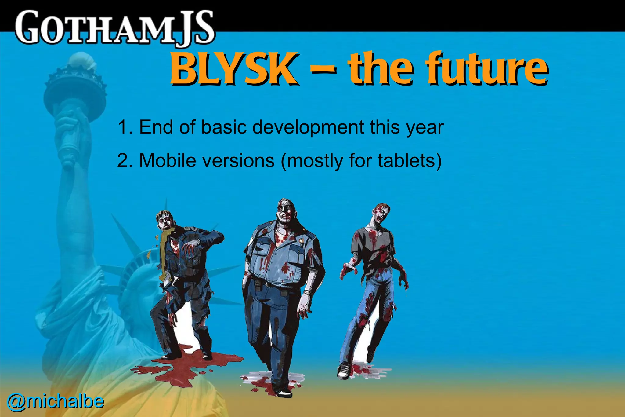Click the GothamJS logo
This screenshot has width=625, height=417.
click(x=114, y=28)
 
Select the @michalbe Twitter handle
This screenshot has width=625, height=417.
click(x=55, y=401)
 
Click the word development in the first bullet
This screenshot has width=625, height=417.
click(x=308, y=127)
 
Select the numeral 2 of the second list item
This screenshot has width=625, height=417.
click(x=123, y=160)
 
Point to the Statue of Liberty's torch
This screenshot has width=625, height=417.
click(x=75, y=89)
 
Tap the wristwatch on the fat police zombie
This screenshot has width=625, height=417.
click(x=307, y=293)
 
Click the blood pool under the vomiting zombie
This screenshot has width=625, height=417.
click(x=186, y=365)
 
